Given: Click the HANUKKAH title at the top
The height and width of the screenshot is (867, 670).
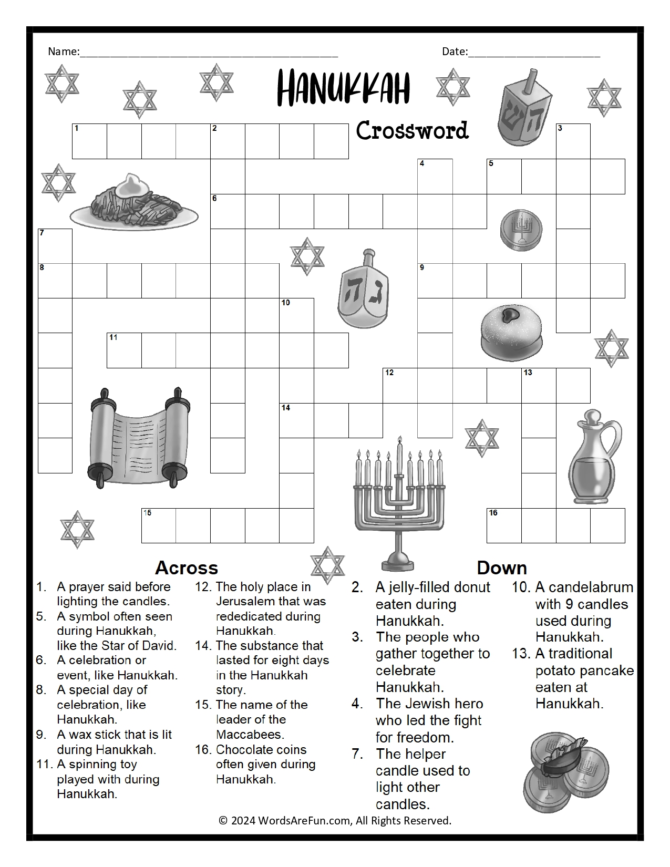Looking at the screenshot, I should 343,88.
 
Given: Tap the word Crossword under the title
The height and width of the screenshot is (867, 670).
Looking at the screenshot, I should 412,131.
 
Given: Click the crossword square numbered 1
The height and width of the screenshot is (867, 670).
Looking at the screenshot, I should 89,141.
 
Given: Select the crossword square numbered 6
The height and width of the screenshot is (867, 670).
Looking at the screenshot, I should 228,211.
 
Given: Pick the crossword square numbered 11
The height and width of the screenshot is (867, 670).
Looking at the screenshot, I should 124,350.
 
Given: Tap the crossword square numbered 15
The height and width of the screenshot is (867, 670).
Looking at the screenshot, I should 159,525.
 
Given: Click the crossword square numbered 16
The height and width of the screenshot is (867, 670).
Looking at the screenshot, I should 504,525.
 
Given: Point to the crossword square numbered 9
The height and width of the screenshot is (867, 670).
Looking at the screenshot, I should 435,281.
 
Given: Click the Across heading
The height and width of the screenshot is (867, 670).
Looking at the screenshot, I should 187,568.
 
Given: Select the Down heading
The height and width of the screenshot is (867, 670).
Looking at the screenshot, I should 501,568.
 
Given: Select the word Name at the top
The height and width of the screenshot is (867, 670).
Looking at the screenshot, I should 63,51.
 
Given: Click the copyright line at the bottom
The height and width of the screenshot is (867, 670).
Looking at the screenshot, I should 335,821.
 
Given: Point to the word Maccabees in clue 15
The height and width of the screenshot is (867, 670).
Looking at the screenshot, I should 250,735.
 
